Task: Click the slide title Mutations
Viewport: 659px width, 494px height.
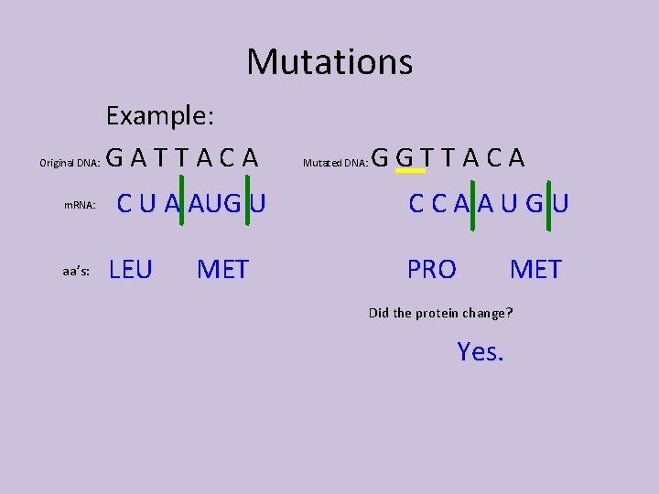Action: (329, 62)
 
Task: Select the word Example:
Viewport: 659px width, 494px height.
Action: (160, 116)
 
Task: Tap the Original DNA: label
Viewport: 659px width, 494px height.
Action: (69, 164)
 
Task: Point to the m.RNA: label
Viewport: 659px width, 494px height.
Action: (80, 206)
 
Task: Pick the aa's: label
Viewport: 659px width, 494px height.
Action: (76, 272)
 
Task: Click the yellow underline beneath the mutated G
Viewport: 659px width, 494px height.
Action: (409, 171)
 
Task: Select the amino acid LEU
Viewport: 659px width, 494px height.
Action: (131, 270)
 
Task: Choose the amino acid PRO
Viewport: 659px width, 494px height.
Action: (432, 270)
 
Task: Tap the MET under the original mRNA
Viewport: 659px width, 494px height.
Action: (222, 270)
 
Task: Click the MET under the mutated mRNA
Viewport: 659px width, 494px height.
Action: (535, 270)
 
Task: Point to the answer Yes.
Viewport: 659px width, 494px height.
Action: (481, 351)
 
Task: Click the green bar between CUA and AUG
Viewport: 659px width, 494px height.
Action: (184, 203)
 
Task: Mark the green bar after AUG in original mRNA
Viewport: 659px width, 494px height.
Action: (247, 203)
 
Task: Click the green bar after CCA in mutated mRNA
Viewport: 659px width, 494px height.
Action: (471, 203)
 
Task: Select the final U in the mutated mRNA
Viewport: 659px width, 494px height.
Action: (560, 204)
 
